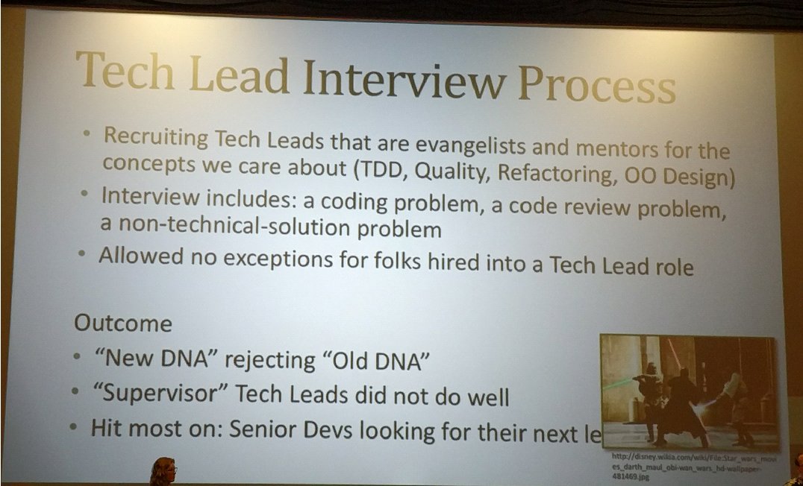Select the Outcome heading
(x=122, y=324)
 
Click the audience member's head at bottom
(x=162, y=471)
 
